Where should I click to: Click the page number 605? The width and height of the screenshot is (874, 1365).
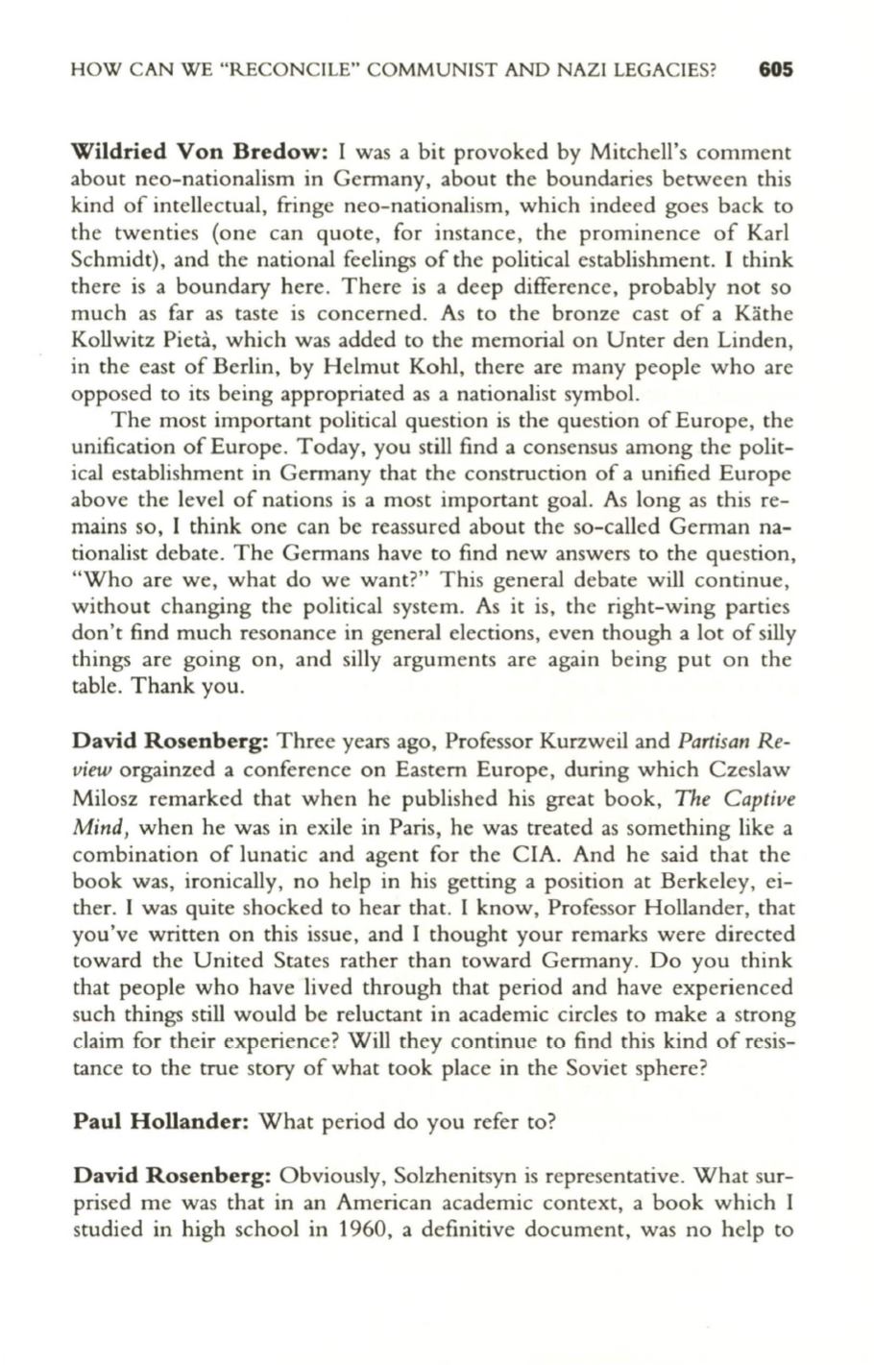(774, 70)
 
